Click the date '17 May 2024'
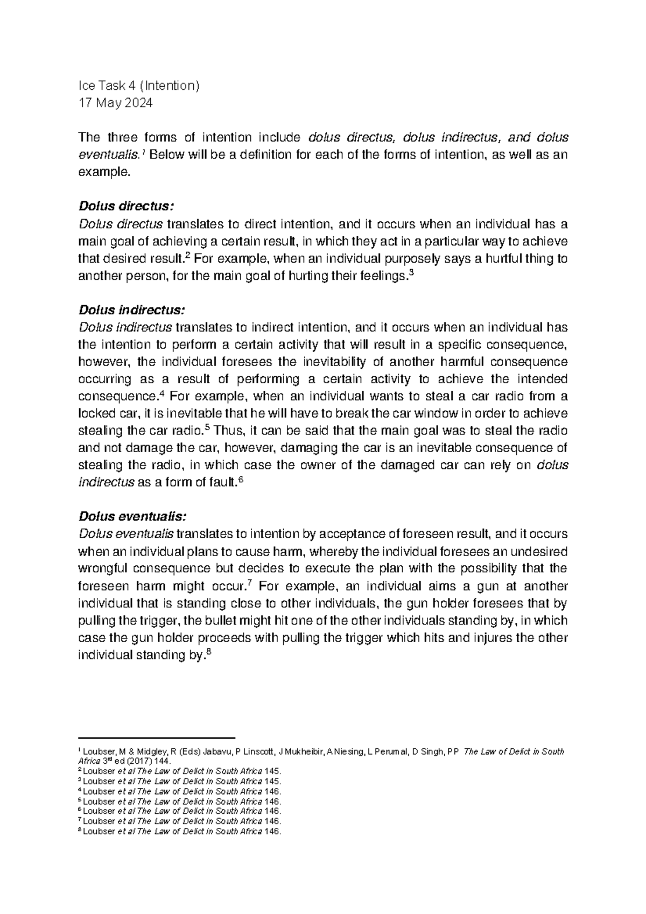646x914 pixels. coord(115,103)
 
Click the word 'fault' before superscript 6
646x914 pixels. coord(223,483)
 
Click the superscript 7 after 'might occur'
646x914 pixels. coord(250,582)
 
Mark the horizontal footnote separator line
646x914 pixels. coord(157,738)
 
